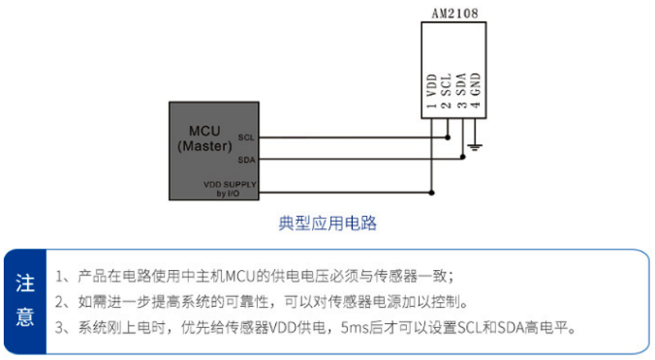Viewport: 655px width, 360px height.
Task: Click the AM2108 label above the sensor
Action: pos(454,13)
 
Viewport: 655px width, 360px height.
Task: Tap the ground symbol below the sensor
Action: pos(476,148)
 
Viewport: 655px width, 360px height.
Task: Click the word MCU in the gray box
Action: pos(205,132)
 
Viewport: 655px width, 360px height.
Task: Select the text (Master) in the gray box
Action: pos(205,146)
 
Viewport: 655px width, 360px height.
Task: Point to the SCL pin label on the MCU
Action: pos(246,137)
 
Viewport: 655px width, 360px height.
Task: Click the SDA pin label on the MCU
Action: pos(246,160)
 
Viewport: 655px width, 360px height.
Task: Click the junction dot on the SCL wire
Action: pos(448,137)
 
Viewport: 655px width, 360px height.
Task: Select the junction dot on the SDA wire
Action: pos(463,160)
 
